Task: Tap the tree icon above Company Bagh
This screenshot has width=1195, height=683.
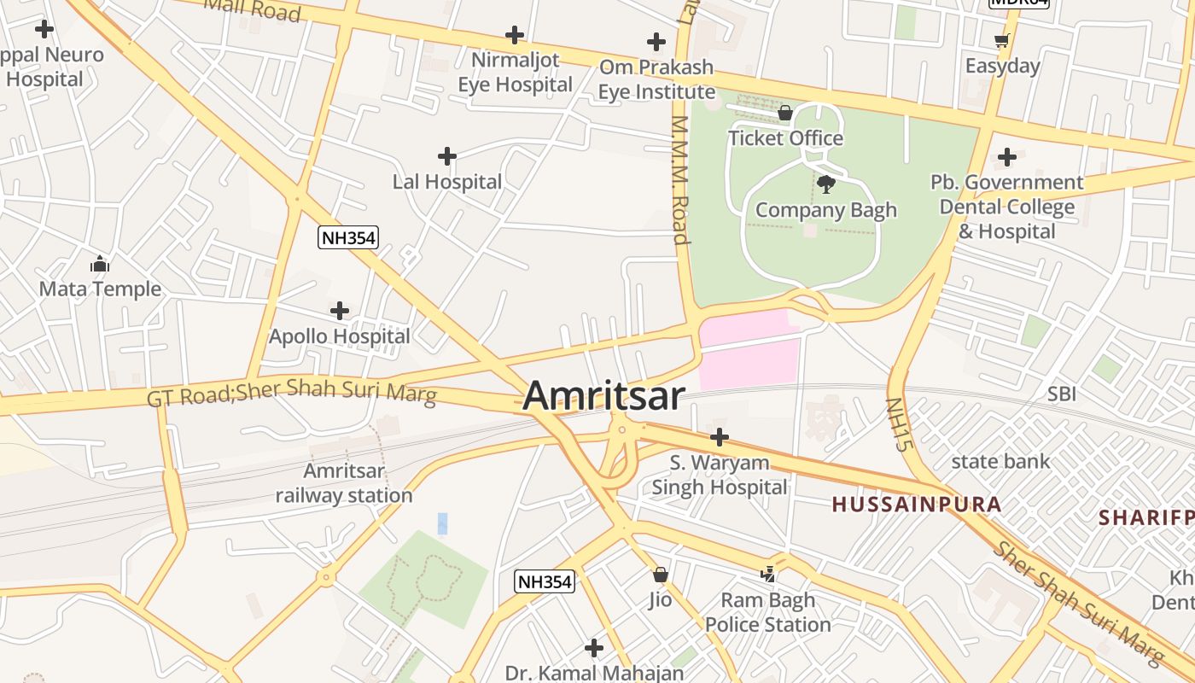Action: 825,184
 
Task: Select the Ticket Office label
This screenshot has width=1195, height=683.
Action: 785,138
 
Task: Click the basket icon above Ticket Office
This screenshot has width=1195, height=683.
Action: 785,113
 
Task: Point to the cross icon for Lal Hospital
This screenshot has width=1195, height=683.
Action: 446,156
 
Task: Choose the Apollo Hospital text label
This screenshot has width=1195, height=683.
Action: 340,336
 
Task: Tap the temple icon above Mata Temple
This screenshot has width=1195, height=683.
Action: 100,264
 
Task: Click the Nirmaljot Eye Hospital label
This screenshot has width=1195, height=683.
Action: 515,73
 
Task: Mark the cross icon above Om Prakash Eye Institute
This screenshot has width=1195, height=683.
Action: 656,41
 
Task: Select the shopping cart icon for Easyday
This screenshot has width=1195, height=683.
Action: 1002,40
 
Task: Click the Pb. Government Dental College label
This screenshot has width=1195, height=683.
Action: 1006,207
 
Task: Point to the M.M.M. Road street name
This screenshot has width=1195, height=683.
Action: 679,180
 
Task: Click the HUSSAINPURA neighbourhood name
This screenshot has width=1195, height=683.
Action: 917,505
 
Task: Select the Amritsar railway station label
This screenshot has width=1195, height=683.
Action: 344,483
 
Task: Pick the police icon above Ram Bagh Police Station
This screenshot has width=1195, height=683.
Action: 767,575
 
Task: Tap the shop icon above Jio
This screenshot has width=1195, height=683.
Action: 660,575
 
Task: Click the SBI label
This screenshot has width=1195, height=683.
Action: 1062,394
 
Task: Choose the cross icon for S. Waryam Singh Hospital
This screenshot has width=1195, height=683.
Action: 720,437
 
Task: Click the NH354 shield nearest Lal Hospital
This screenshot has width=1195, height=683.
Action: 347,237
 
